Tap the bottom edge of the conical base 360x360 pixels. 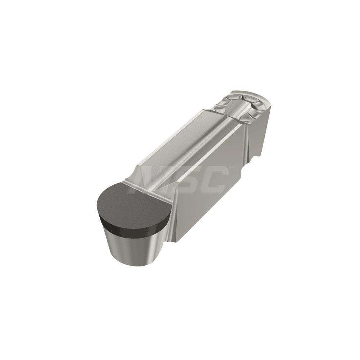coord(133,266)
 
